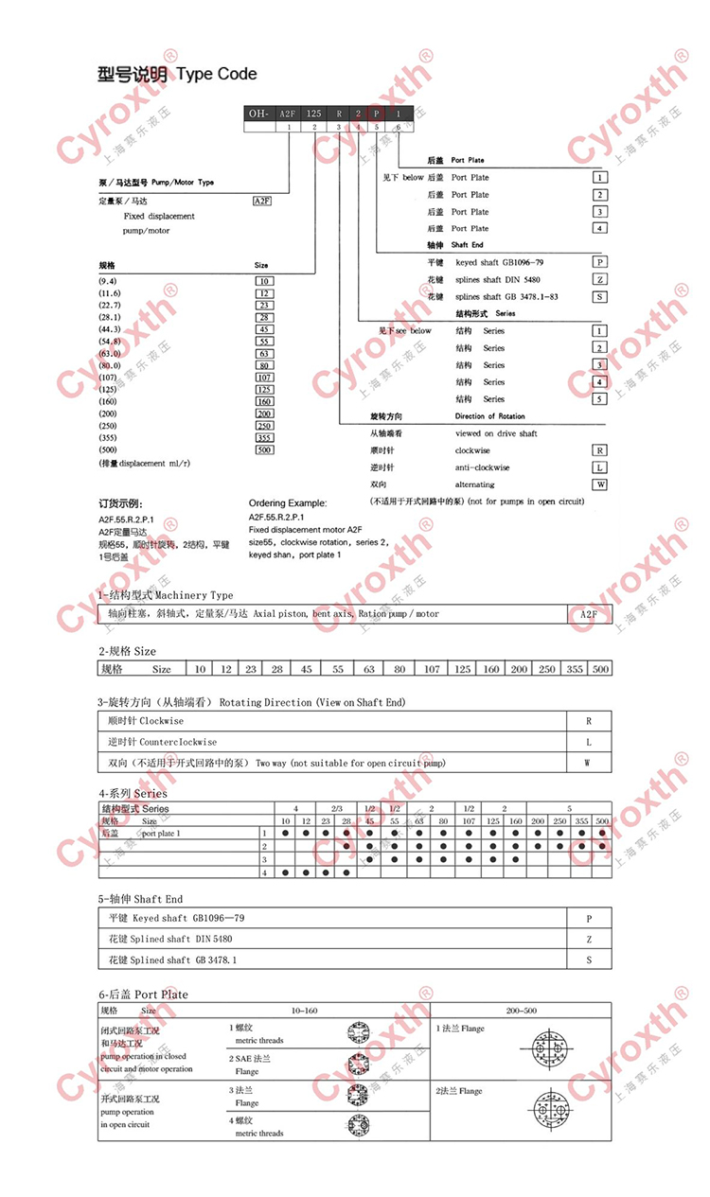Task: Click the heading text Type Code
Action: point(217,73)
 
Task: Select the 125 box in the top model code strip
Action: point(314,113)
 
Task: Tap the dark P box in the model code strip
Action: point(377,113)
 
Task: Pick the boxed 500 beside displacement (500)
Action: point(264,450)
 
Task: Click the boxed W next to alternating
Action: point(599,484)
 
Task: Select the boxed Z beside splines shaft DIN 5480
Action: point(599,279)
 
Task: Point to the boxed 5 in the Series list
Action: point(599,399)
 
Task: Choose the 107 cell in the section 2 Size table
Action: point(433,669)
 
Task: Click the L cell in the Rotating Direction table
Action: point(589,742)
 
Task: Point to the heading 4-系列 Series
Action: point(133,793)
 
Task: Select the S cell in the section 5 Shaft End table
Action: point(589,959)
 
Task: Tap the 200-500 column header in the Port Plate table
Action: point(522,1011)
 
